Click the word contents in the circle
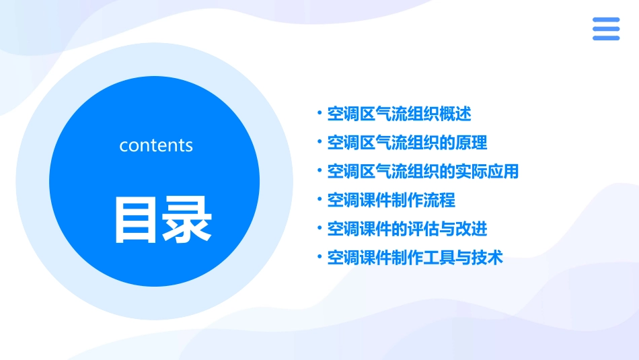(156, 145)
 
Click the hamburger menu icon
(606, 29)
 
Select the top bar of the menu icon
(606, 20)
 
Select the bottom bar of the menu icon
(606, 38)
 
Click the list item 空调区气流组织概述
(399, 114)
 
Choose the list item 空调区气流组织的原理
(407, 143)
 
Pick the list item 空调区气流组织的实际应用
(423, 172)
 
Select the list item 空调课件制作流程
(391, 200)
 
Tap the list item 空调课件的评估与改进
(407, 229)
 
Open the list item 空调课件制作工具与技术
(415, 258)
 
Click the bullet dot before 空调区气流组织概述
(319, 113)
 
